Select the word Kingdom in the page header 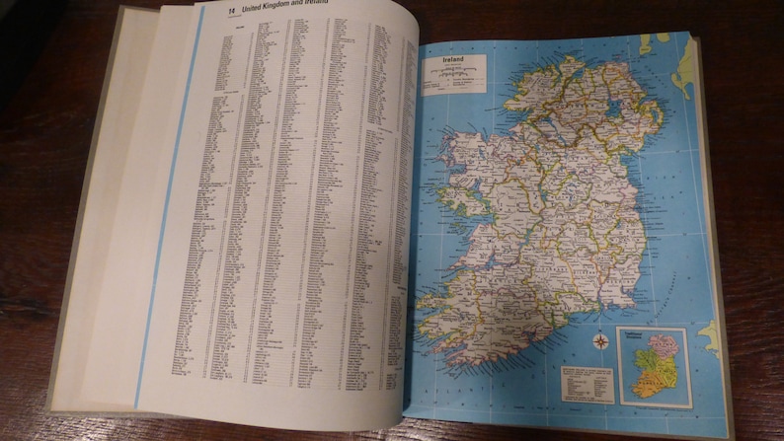pyautogui.click(x=296, y=8)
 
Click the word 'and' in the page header pyautogui.click(x=328, y=8)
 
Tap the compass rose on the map pyautogui.click(x=599, y=342)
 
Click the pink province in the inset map pyautogui.click(x=663, y=346)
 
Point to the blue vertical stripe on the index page pyautogui.click(x=169, y=197)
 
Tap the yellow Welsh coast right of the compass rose pyautogui.click(x=708, y=337)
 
